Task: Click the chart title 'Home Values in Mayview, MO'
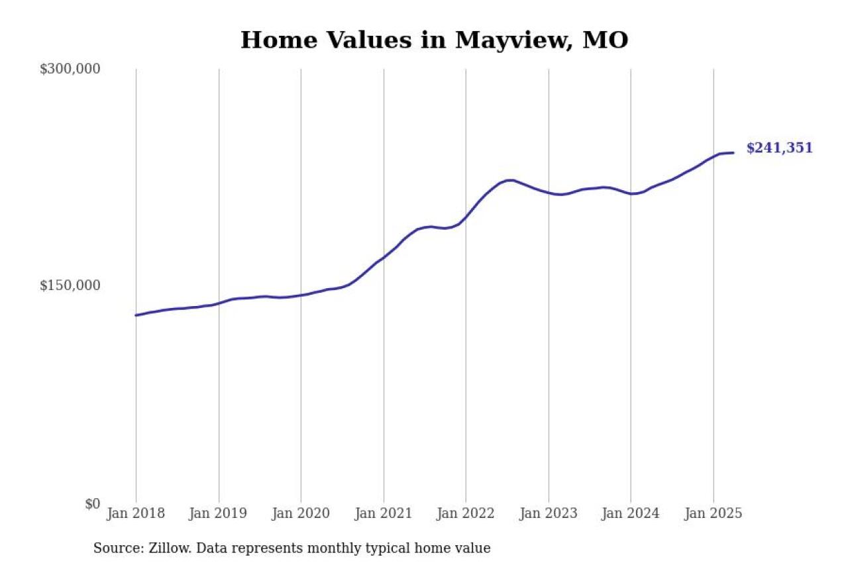tap(434, 40)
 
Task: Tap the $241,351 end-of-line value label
tap(779, 148)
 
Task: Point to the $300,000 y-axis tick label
tap(70, 69)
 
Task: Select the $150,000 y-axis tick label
tap(70, 285)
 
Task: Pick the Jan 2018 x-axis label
tap(136, 514)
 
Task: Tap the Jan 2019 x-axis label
tap(219, 514)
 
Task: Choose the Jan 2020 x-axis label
tap(301, 514)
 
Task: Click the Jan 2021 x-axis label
tap(384, 514)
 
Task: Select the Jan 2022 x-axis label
tap(466, 514)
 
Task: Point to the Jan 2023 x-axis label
tap(549, 514)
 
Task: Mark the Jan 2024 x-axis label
tap(631, 514)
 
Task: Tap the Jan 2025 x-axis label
tap(713, 514)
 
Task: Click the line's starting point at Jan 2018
tap(136, 315)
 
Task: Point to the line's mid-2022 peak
tap(509, 180)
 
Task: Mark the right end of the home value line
tap(733, 153)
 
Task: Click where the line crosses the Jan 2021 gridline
tap(384, 256)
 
